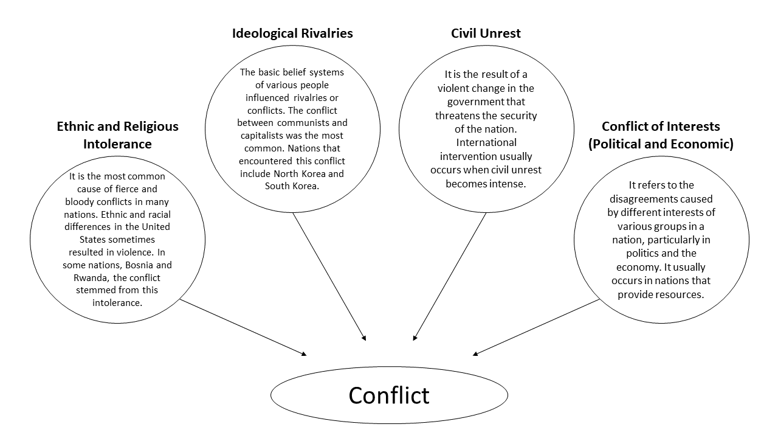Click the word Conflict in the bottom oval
tap(389, 395)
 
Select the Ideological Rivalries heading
tap(292, 33)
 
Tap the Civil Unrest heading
tap(486, 33)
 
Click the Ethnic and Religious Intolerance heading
tap(117, 135)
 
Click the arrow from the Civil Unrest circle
tap(450, 276)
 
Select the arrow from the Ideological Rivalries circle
tap(329, 276)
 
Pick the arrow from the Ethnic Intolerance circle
tap(243, 327)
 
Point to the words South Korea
tap(292, 186)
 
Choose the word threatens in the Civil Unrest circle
tap(463, 116)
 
